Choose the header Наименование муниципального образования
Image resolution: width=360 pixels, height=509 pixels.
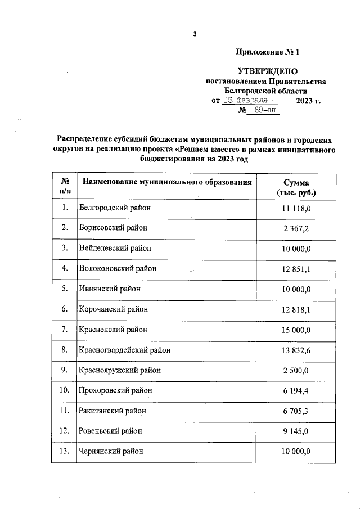167,182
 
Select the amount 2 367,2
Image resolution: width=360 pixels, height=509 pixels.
296,228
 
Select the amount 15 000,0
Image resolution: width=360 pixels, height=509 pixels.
296,329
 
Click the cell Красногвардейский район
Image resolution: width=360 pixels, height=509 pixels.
125,350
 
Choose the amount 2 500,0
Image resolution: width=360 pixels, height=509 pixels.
296,370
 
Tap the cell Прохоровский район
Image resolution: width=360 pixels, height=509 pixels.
116,390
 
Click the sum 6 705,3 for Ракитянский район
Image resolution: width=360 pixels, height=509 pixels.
296,411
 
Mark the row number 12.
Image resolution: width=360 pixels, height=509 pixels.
65,431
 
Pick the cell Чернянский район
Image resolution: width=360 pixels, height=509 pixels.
111,451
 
